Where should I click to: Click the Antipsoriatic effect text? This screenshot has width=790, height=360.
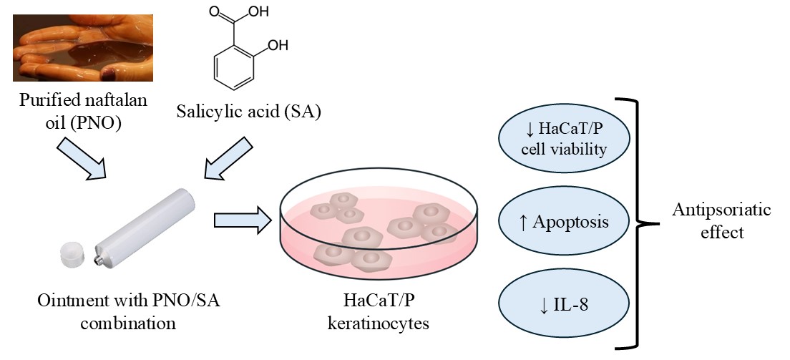point(721,221)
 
